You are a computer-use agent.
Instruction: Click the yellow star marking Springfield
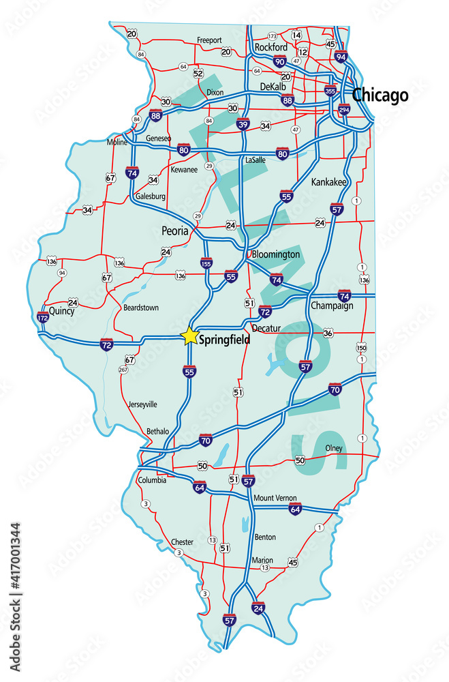189,336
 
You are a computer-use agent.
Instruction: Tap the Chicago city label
380,95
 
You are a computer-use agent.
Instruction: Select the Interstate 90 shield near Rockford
279,61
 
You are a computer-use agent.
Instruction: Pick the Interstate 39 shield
243,123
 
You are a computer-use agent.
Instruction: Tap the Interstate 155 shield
206,262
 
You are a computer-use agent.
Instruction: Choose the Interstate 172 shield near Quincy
42,317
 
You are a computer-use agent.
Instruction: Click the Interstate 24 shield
258,608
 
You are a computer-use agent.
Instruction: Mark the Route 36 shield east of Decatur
328,333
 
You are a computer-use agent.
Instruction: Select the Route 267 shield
123,370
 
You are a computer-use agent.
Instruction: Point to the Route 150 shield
361,348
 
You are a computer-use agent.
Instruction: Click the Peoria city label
175,231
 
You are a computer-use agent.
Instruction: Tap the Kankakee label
328,182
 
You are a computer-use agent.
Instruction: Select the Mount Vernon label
275,498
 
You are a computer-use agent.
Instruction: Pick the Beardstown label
140,308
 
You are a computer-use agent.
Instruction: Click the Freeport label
209,40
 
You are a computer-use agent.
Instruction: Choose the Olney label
333,448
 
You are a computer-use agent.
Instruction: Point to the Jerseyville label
142,404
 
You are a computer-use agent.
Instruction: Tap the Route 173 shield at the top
272,35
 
